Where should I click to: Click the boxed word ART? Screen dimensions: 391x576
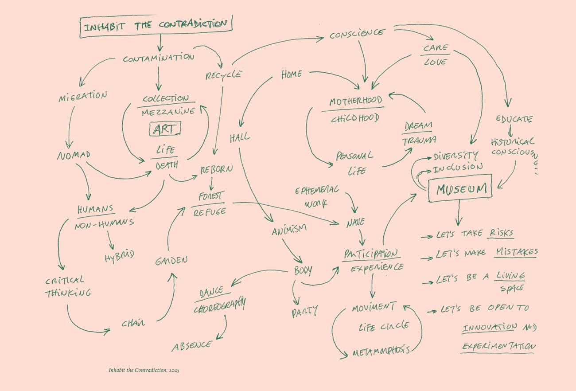pyautogui.click(x=165, y=129)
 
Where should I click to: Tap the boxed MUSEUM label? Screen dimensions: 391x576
pyautogui.click(x=459, y=190)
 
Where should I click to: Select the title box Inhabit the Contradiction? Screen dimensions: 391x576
pyautogui.click(x=156, y=27)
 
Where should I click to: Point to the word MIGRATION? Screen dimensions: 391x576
pyautogui.click(x=83, y=96)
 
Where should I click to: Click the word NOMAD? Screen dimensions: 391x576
pyautogui.click(x=74, y=156)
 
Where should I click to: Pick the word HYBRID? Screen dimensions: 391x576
pyautogui.click(x=119, y=256)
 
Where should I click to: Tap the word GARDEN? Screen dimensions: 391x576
pyautogui.click(x=171, y=261)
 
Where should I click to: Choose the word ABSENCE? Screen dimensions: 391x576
pyautogui.click(x=191, y=346)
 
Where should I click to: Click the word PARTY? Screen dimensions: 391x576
pyautogui.click(x=304, y=312)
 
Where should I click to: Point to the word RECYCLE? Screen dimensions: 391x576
pyautogui.click(x=223, y=75)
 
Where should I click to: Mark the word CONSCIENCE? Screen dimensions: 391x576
pyautogui.click(x=357, y=34)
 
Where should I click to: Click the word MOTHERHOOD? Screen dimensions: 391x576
pyautogui.click(x=355, y=101)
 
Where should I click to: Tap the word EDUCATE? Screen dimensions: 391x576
pyautogui.click(x=514, y=119)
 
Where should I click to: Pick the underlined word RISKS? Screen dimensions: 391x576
pyautogui.click(x=501, y=233)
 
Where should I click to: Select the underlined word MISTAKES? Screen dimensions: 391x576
pyautogui.click(x=516, y=253)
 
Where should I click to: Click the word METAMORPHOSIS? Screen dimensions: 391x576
pyautogui.click(x=381, y=352)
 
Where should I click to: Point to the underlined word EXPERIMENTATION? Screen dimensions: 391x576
pyautogui.click(x=498, y=347)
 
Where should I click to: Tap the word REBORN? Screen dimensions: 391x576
pyautogui.click(x=216, y=170)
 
